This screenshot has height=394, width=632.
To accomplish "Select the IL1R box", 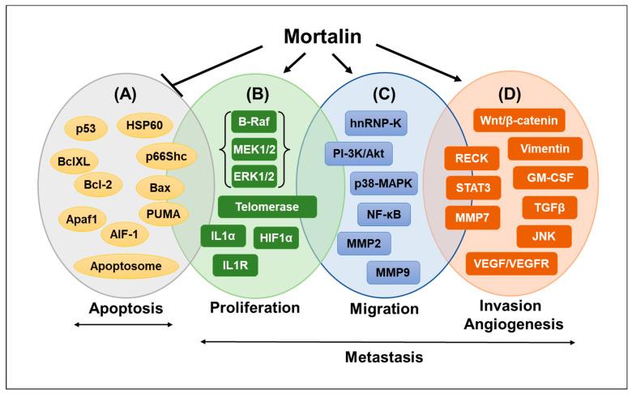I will click(235, 265).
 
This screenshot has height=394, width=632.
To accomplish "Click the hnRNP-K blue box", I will click(374, 124).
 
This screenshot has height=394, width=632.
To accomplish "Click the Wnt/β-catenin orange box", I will click(518, 122).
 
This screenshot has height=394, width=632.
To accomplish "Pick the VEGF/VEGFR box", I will click(511, 263).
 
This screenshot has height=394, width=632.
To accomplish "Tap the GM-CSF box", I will click(544, 177).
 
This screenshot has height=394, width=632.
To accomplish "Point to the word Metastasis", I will click(387, 356).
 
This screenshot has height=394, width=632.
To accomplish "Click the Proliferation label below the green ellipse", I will click(255, 308).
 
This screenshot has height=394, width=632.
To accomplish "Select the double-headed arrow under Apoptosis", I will click(123, 325).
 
